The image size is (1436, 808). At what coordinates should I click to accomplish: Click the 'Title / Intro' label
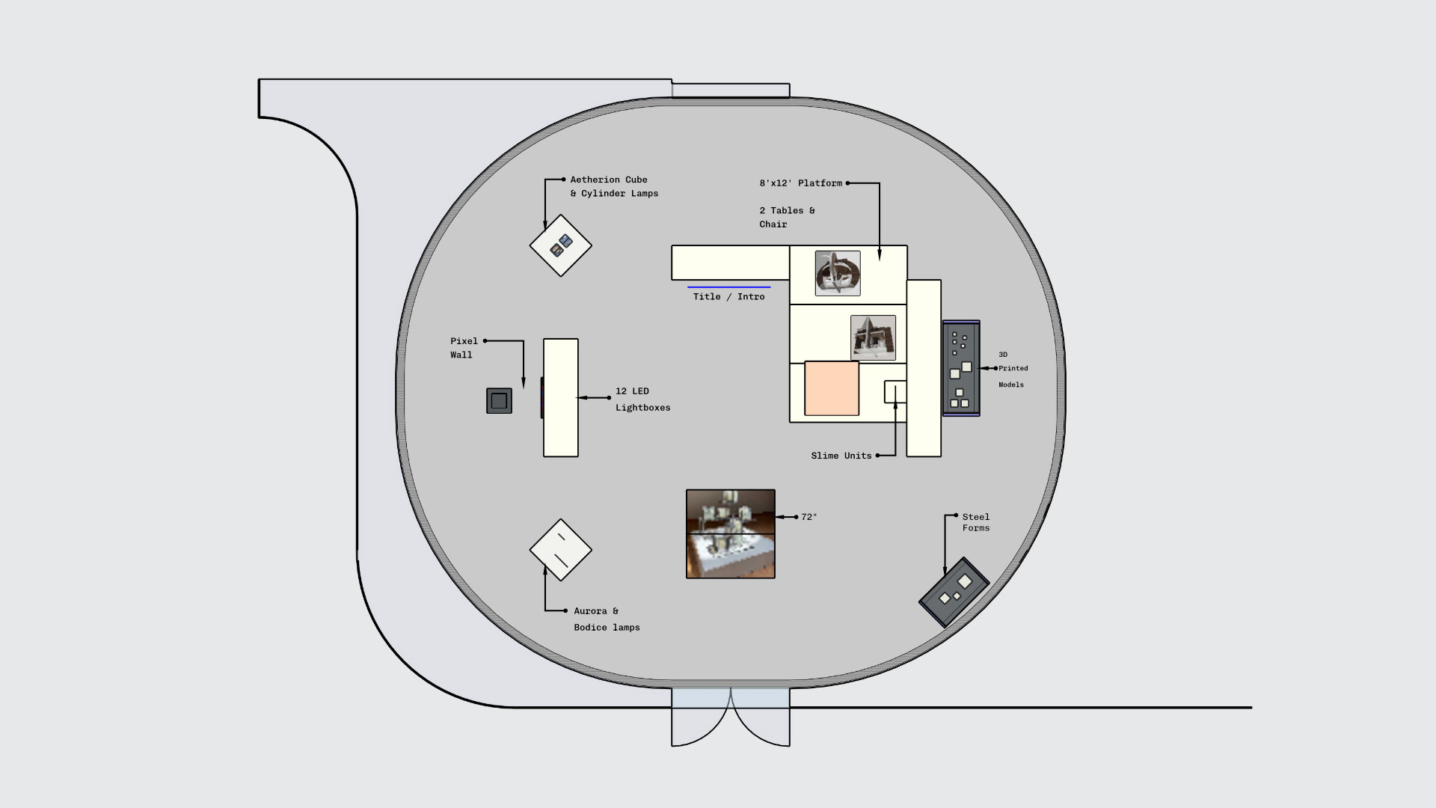pyautogui.click(x=728, y=297)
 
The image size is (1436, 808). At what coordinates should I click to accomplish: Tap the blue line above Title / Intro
pyautogui.click(x=728, y=287)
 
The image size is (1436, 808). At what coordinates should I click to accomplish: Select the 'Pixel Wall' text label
pyautogui.click(x=464, y=348)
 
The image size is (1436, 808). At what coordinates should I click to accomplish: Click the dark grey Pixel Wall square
pyautogui.click(x=499, y=400)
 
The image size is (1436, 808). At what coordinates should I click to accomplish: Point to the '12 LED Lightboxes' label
pyautogui.click(x=642, y=400)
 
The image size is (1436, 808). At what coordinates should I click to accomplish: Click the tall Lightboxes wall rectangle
pyautogui.click(x=561, y=397)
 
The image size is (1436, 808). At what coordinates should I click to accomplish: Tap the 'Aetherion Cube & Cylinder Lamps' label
pyautogui.click(x=614, y=186)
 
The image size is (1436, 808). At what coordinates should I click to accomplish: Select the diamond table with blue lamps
pyautogui.click(x=561, y=245)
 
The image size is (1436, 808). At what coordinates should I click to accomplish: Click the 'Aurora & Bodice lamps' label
pyautogui.click(x=607, y=619)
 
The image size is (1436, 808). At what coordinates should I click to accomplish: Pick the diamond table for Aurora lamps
pyautogui.click(x=561, y=550)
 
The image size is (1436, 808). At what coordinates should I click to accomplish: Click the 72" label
pyautogui.click(x=808, y=517)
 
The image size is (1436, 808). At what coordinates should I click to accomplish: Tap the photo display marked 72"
pyautogui.click(x=731, y=534)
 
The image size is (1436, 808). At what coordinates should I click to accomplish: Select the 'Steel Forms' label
pyautogui.click(x=976, y=522)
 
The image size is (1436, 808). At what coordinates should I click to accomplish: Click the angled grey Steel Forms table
pyautogui.click(x=954, y=592)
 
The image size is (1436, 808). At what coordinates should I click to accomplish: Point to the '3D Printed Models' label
pyautogui.click(x=1013, y=370)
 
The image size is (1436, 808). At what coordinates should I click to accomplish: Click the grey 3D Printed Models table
pyautogui.click(x=961, y=368)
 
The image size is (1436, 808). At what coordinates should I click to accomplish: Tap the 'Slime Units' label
pyautogui.click(x=841, y=456)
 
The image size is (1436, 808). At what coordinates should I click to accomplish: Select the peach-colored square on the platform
pyautogui.click(x=832, y=388)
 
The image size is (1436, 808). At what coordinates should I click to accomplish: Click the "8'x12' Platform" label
pyautogui.click(x=800, y=183)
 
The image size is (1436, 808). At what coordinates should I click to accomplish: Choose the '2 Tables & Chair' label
pyautogui.click(x=787, y=218)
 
